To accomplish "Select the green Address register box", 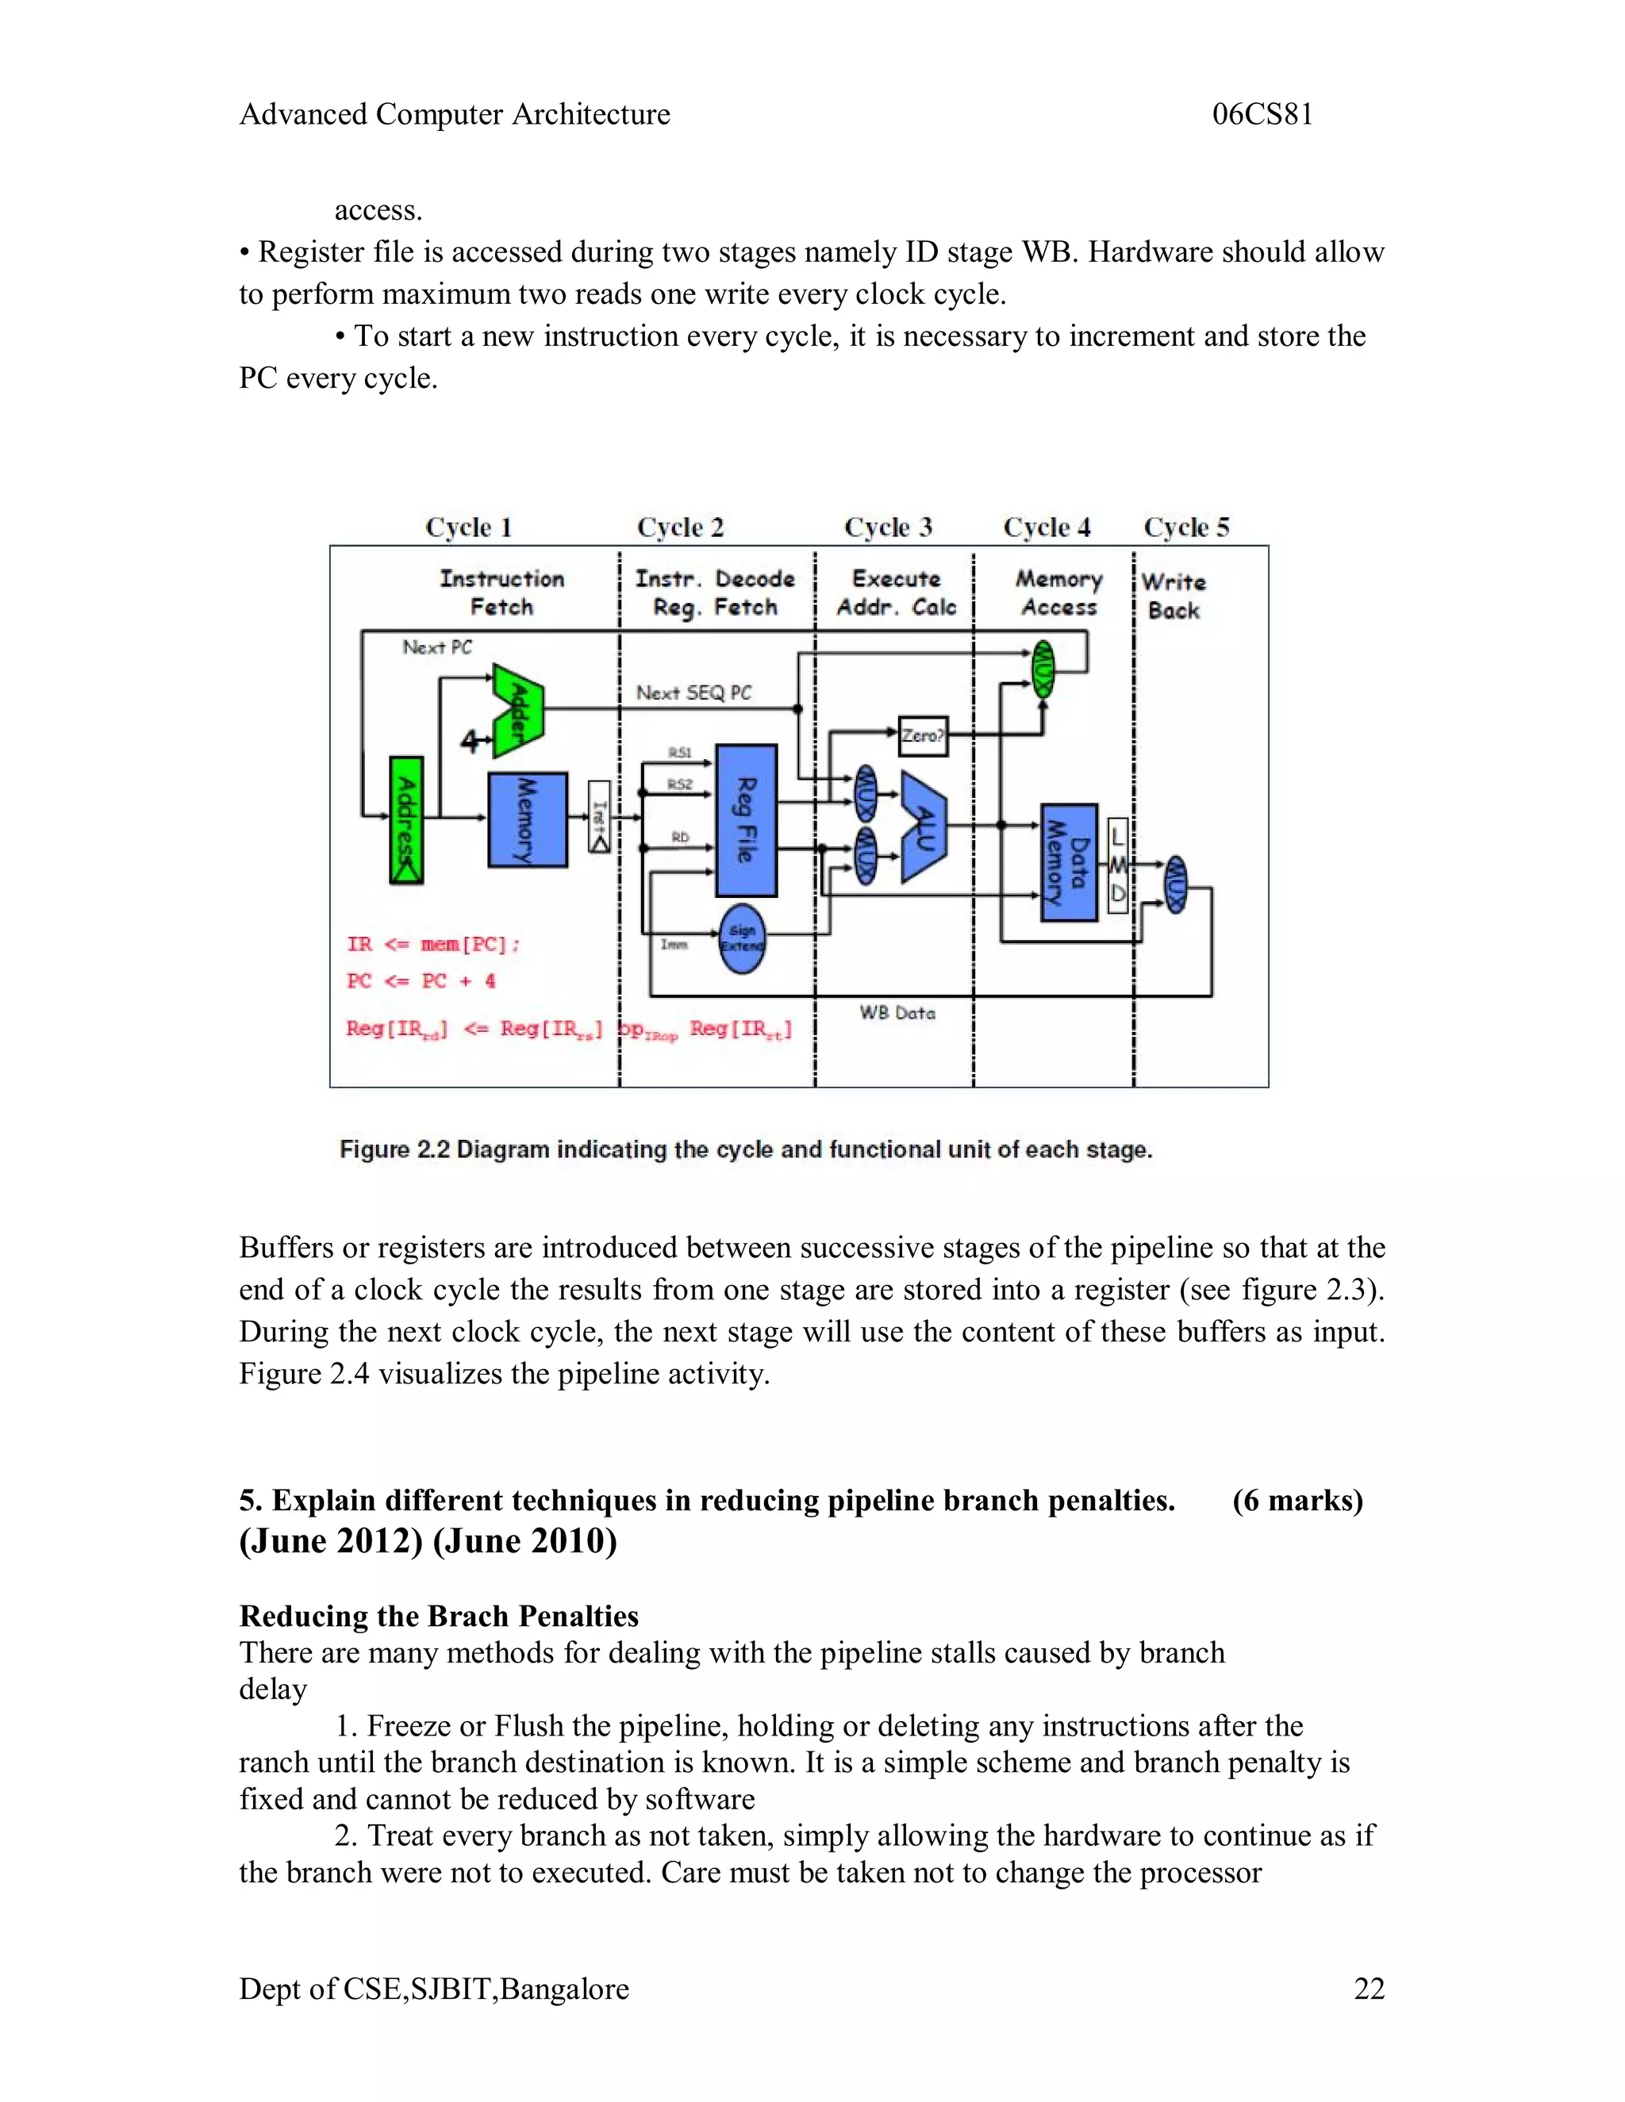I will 406,820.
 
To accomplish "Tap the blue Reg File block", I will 746,820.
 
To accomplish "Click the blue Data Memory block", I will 1069,862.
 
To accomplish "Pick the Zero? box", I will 922,736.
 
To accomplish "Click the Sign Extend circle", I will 742,938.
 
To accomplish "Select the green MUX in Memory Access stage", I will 1043,669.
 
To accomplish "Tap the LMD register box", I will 1118,865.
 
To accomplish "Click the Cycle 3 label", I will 888,527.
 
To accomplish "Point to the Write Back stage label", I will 1173,596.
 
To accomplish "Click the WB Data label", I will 897,1012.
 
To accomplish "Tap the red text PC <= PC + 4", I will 421,980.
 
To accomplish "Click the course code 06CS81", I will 1262,114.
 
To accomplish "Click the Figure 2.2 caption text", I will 745,1149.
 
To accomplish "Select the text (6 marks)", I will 1297,1501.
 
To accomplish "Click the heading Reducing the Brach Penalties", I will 438,1616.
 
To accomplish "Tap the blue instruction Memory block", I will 527,820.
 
